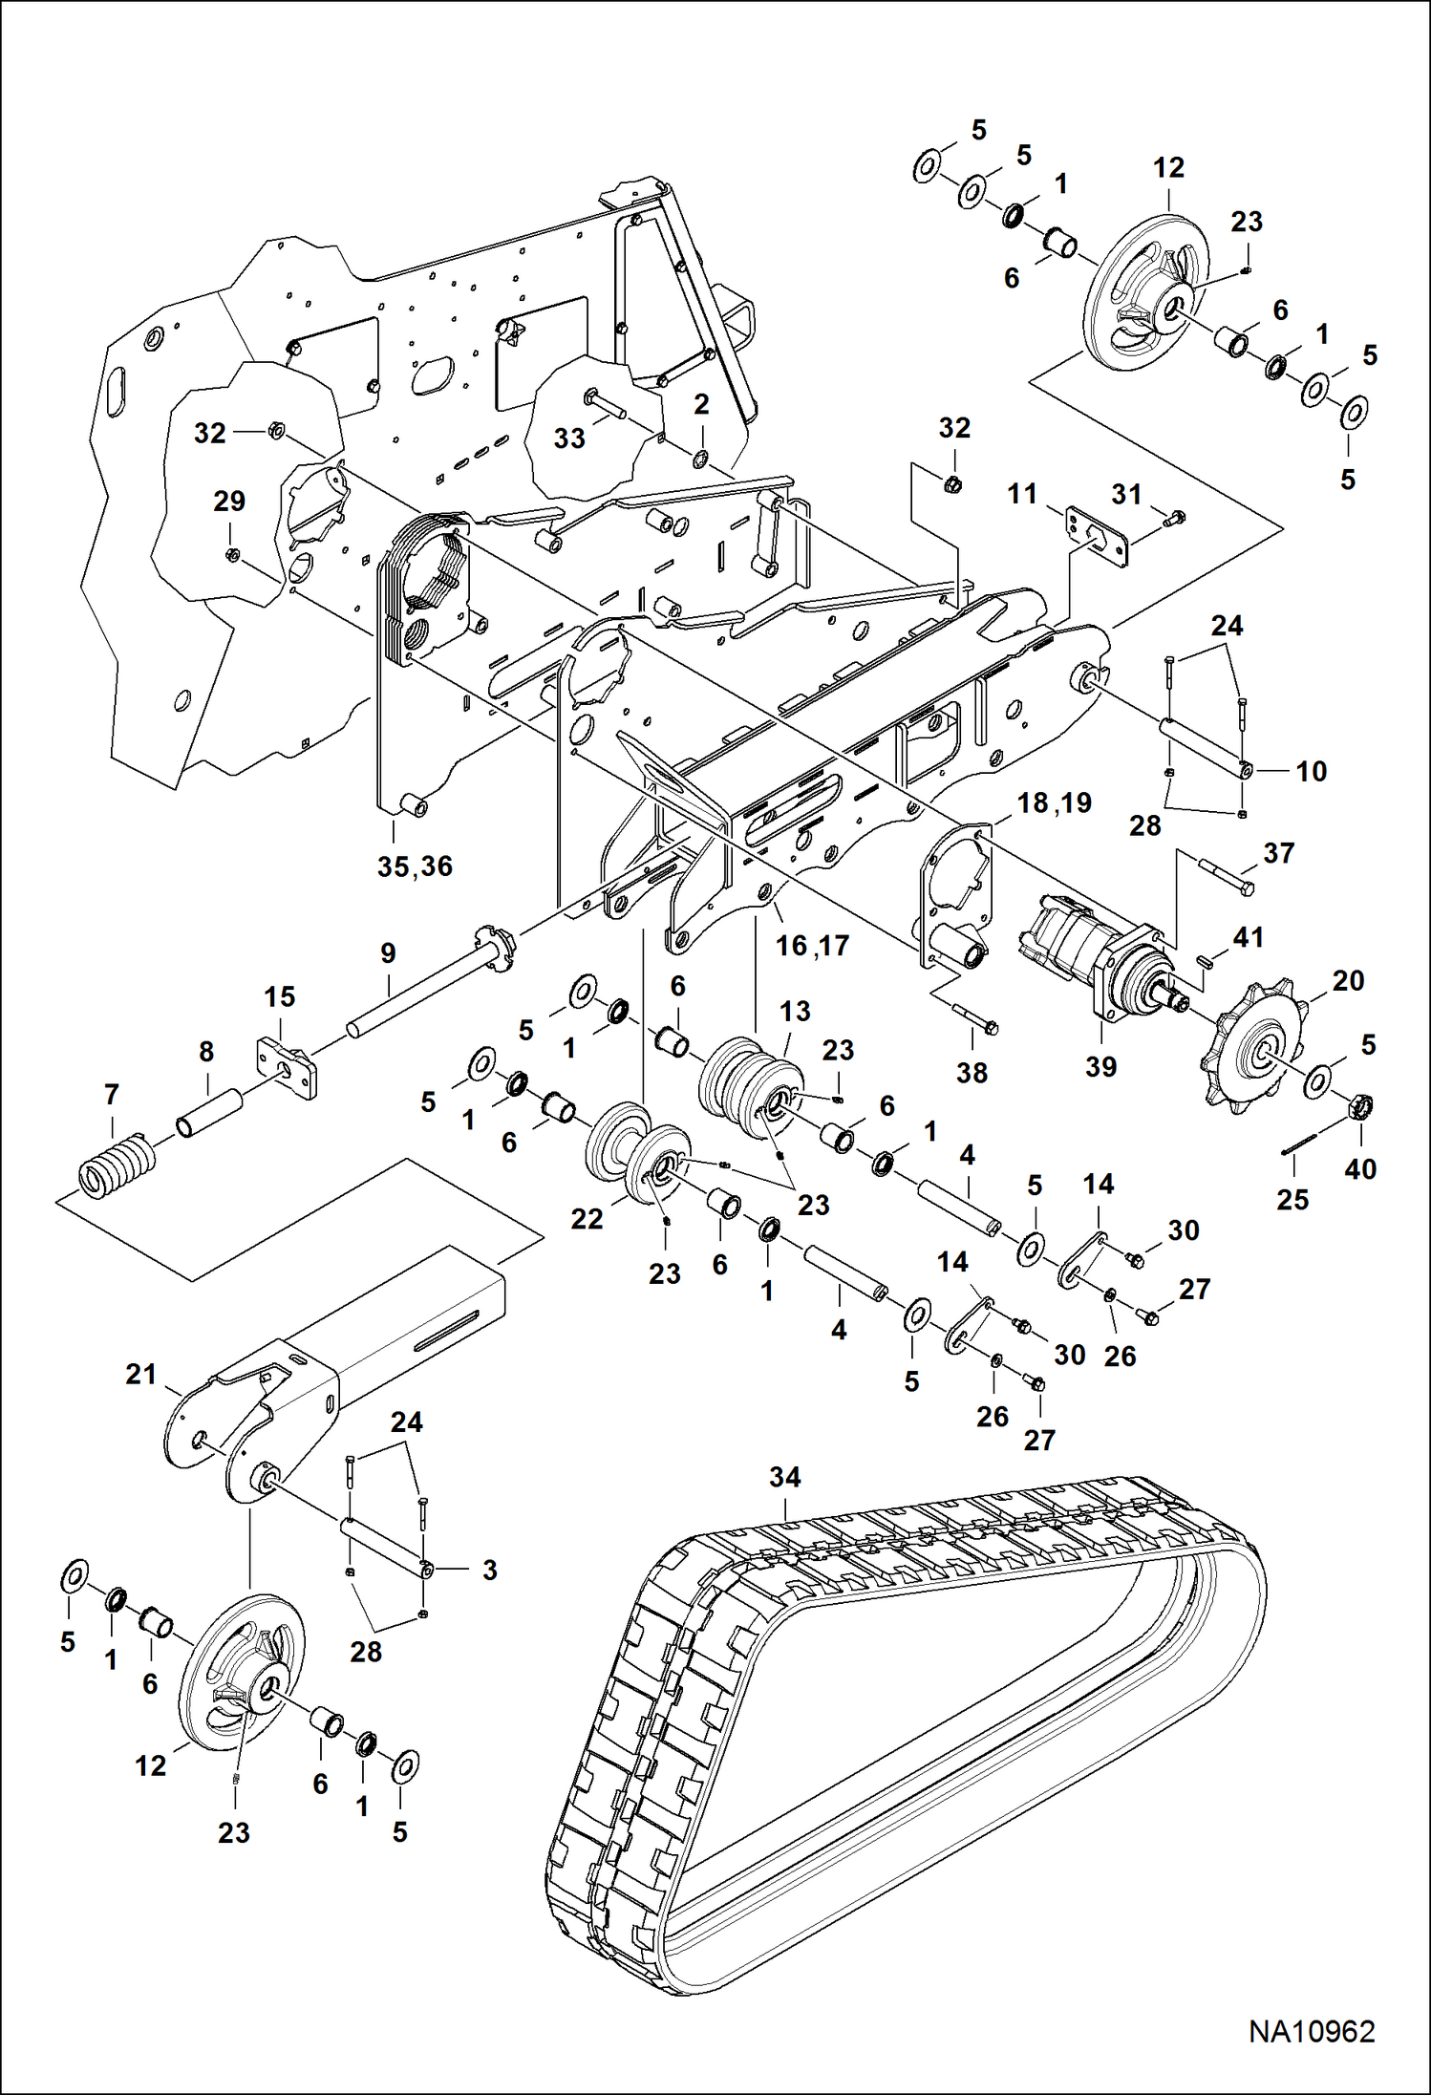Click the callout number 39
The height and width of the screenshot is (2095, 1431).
(1100, 1067)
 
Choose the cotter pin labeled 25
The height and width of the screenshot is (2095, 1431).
(1299, 1143)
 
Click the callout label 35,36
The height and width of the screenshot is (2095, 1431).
(415, 866)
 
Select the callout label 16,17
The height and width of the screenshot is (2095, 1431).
(812, 946)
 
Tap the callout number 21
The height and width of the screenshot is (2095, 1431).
(141, 1375)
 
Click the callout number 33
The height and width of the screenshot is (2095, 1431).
(569, 438)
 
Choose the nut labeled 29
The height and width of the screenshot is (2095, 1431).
(232, 554)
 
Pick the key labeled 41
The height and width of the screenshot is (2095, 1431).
(1206, 960)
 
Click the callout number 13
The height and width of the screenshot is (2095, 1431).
(795, 1012)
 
